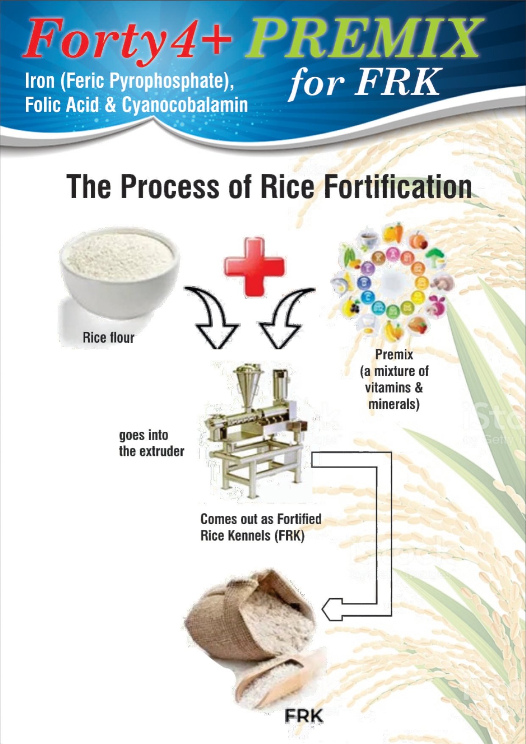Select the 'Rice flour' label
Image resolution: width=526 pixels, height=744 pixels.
pyautogui.click(x=109, y=338)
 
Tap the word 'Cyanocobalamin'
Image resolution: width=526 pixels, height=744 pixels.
pyautogui.click(x=185, y=105)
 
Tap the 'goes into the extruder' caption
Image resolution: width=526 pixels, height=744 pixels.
pyautogui.click(x=151, y=443)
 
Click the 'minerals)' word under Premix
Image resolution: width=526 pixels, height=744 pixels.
pyautogui.click(x=394, y=404)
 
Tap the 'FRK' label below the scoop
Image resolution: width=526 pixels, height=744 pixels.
pyautogui.click(x=304, y=716)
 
